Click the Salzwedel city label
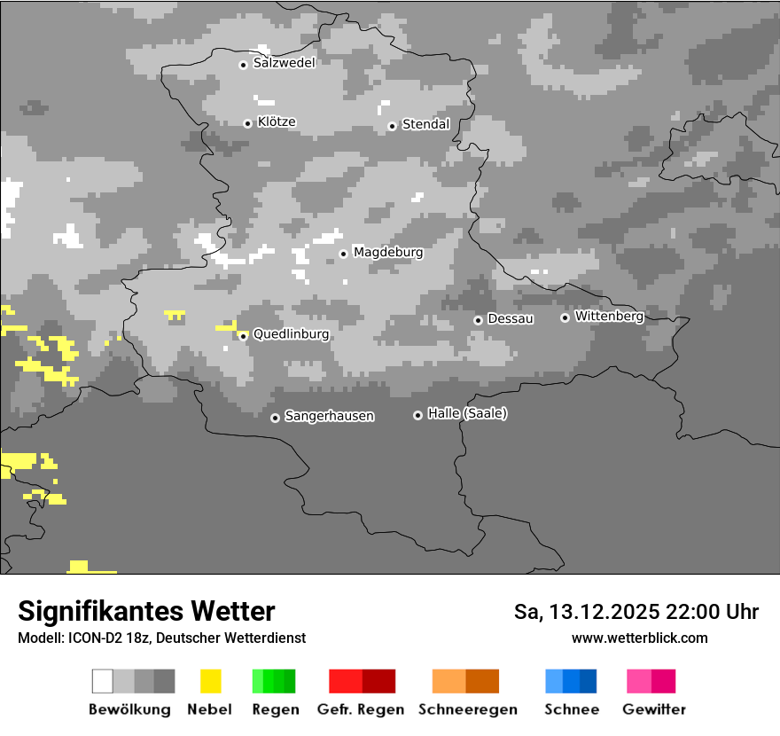tap(285, 63)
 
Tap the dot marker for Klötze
tap(248, 123)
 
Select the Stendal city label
tap(426, 124)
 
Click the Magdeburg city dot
tap(343, 254)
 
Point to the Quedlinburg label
tap(292, 334)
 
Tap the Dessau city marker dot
tap(478, 320)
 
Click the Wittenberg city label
tap(609, 316)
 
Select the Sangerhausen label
tap(329, 416)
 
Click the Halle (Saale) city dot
tap(417, 415)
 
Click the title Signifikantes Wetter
tap(146, 611)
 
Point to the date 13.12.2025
tap(602, 612)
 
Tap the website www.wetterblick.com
tap(639, 638)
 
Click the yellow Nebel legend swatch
tap(211, 681)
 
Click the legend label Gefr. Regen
tap(361, 709)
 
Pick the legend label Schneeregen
tap(468, 709)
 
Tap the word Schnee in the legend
tap(571, 709)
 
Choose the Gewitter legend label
tap(654, 709)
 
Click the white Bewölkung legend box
tap(103, 681)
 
